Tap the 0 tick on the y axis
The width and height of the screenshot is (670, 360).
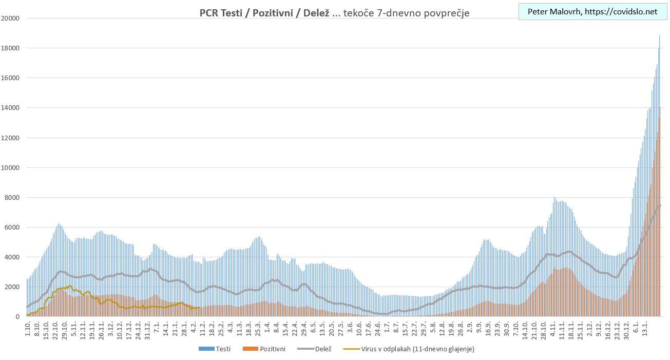tap(17, 317)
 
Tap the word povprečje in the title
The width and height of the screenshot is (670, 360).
tap(444, 12)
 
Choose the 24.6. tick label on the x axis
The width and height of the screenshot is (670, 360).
tap(378, 327)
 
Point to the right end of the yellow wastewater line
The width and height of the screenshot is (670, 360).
tap(199, 308)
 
